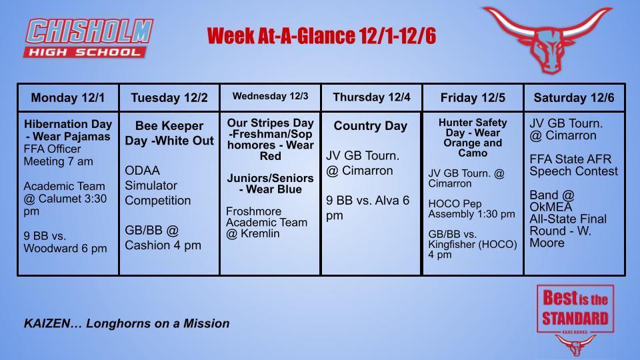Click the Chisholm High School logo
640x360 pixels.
[x=89, y=38]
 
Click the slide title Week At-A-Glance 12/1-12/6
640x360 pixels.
[x=321, y=35]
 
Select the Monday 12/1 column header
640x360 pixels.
[x=68, y=98]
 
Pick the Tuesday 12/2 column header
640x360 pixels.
[x=169, y=98]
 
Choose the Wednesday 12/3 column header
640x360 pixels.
[x=271, y=97]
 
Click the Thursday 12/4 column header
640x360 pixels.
[x=371, y=97]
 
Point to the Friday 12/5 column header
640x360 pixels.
[x=473, y=98]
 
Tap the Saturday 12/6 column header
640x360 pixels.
[x=574, y=98]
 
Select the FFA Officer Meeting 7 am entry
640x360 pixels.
[x=59, y=155]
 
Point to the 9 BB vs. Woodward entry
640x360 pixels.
[x=65, y=243]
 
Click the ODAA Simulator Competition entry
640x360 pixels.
[x=158, y=185]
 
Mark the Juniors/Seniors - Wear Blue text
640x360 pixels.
[x=270, y=183]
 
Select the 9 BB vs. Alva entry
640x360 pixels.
[x=367, y=207]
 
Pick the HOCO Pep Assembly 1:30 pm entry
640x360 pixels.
[x=471, y=209]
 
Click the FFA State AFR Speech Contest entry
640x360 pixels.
[x=573, y=165]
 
